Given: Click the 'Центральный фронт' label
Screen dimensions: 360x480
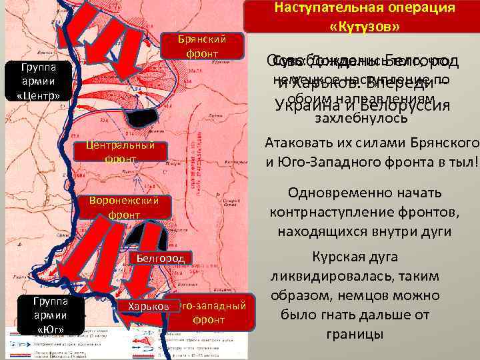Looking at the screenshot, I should [x=121, y=152].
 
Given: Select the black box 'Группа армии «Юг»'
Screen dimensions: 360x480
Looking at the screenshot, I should [x=51, y=314].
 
